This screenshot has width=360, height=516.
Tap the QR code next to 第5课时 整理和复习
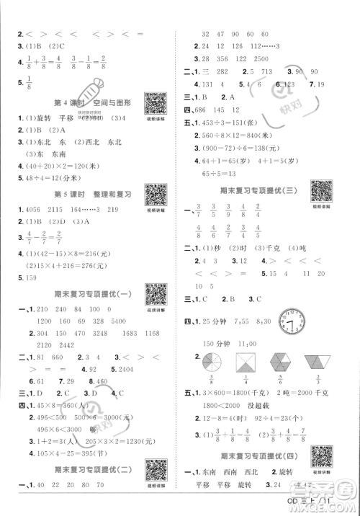coord(156,195)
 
